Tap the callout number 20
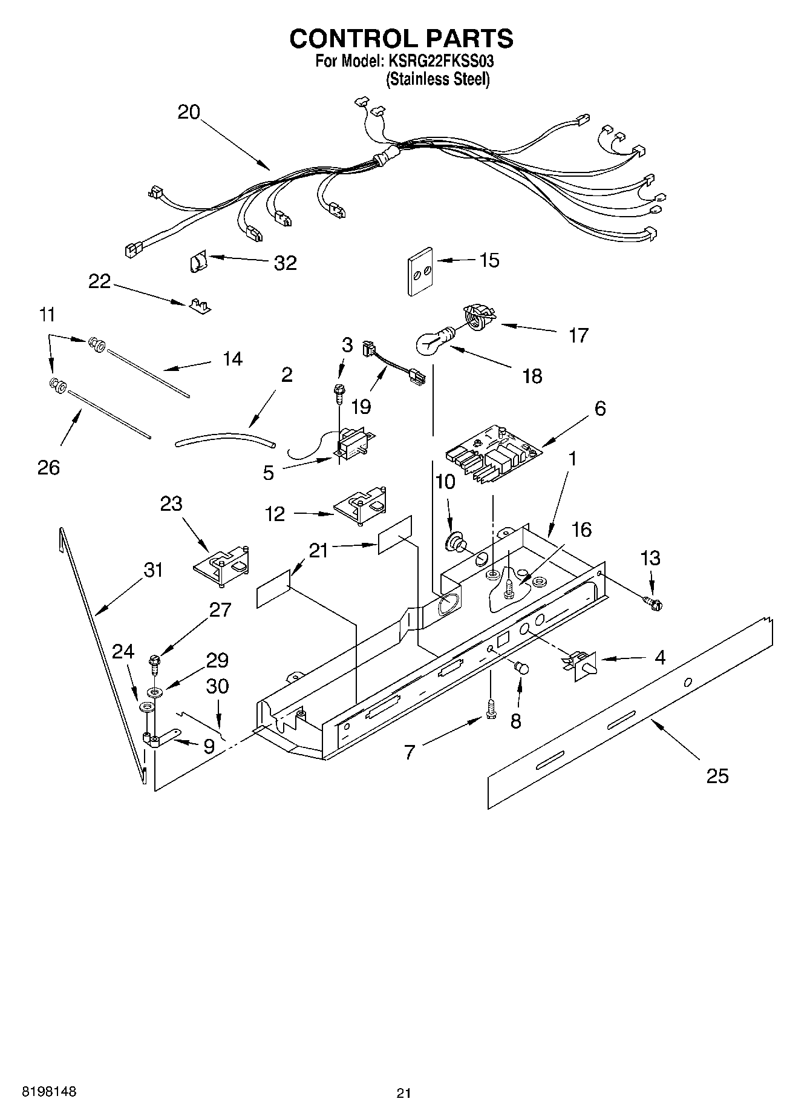pos(189,113)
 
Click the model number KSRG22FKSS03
pos(434,62)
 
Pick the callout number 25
pos(717,776)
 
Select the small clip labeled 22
pos(198,306)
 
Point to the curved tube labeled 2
pos(225,439)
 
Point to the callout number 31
pos(153,569)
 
